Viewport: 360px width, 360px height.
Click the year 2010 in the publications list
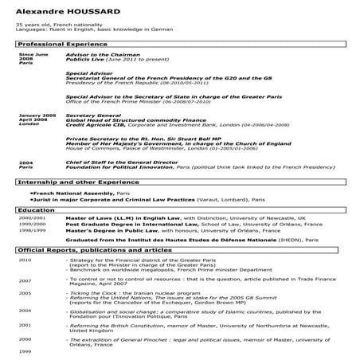coord(25,260)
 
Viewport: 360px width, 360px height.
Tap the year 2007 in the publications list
coord(25,280)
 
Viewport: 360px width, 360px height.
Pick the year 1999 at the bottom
coord(25,351)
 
